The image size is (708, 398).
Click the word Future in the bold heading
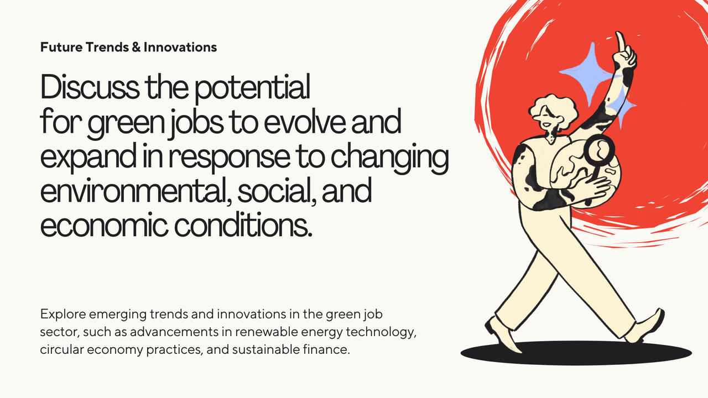(61, 47)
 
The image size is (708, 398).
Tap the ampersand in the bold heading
(136, 47)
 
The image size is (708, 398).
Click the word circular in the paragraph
(60, 350)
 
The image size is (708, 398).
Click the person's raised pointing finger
(621, 42)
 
